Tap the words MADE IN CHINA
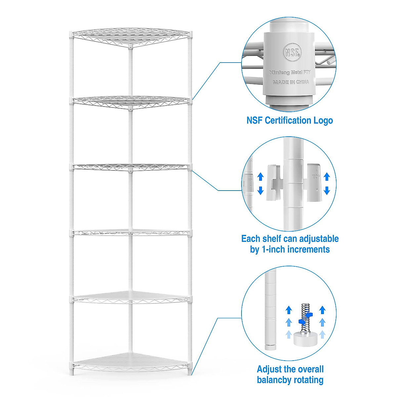point(291,82)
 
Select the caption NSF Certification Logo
point(289,120)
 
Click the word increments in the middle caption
point(308,249)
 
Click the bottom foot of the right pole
point(190,372)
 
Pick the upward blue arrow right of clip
point(327,177)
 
